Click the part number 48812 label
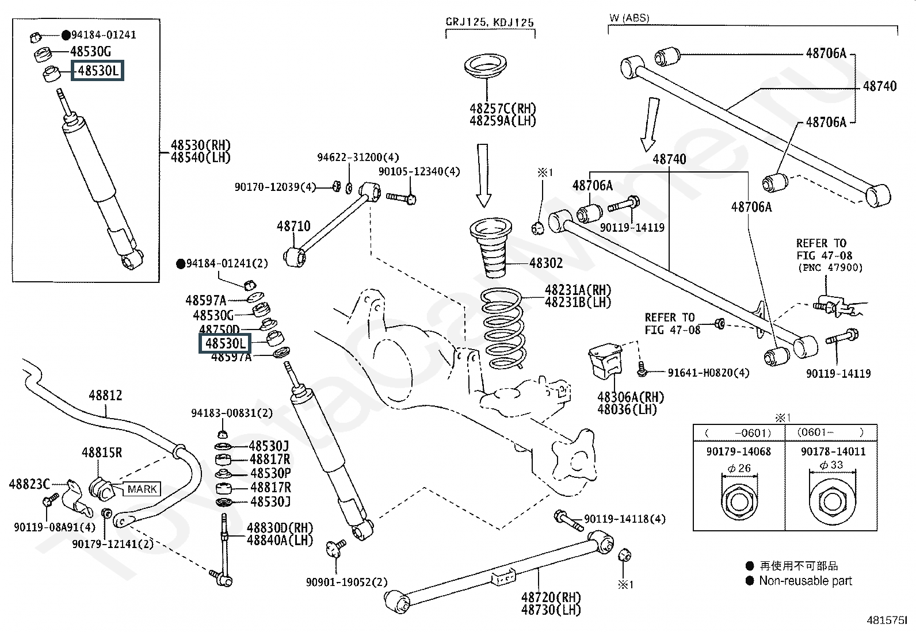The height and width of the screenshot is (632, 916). (105, 396)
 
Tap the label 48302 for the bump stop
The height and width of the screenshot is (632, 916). (545, 263)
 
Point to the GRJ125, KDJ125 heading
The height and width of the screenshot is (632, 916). (490, 23)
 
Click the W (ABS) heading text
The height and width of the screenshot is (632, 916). (629, 18)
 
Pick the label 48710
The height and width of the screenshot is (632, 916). (293, 226)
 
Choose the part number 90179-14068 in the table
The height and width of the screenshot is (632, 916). (738, 451)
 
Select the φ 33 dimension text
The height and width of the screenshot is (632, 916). (831, 465)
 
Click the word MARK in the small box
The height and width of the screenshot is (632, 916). (142, 489)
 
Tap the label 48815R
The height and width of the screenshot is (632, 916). (102, 453)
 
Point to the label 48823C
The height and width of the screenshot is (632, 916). (29, 484)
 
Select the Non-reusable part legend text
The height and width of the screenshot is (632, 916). (805, 581)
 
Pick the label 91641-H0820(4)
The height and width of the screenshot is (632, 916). (708, 373)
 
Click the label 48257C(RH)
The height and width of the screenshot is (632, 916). (502, 109)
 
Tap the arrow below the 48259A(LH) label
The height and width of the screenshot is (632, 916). (483, 175)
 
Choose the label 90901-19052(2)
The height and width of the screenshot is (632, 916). (346, 581)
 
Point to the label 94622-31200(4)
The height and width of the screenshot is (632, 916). (358, 158)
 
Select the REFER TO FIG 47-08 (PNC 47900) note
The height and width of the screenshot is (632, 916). (829, 255)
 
